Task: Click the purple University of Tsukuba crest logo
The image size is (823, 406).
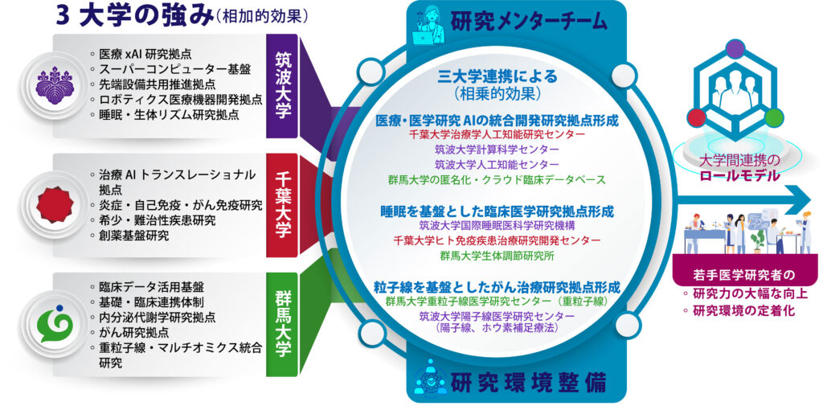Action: click(55, 84)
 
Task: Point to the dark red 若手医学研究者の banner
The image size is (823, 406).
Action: click(743, 276)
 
